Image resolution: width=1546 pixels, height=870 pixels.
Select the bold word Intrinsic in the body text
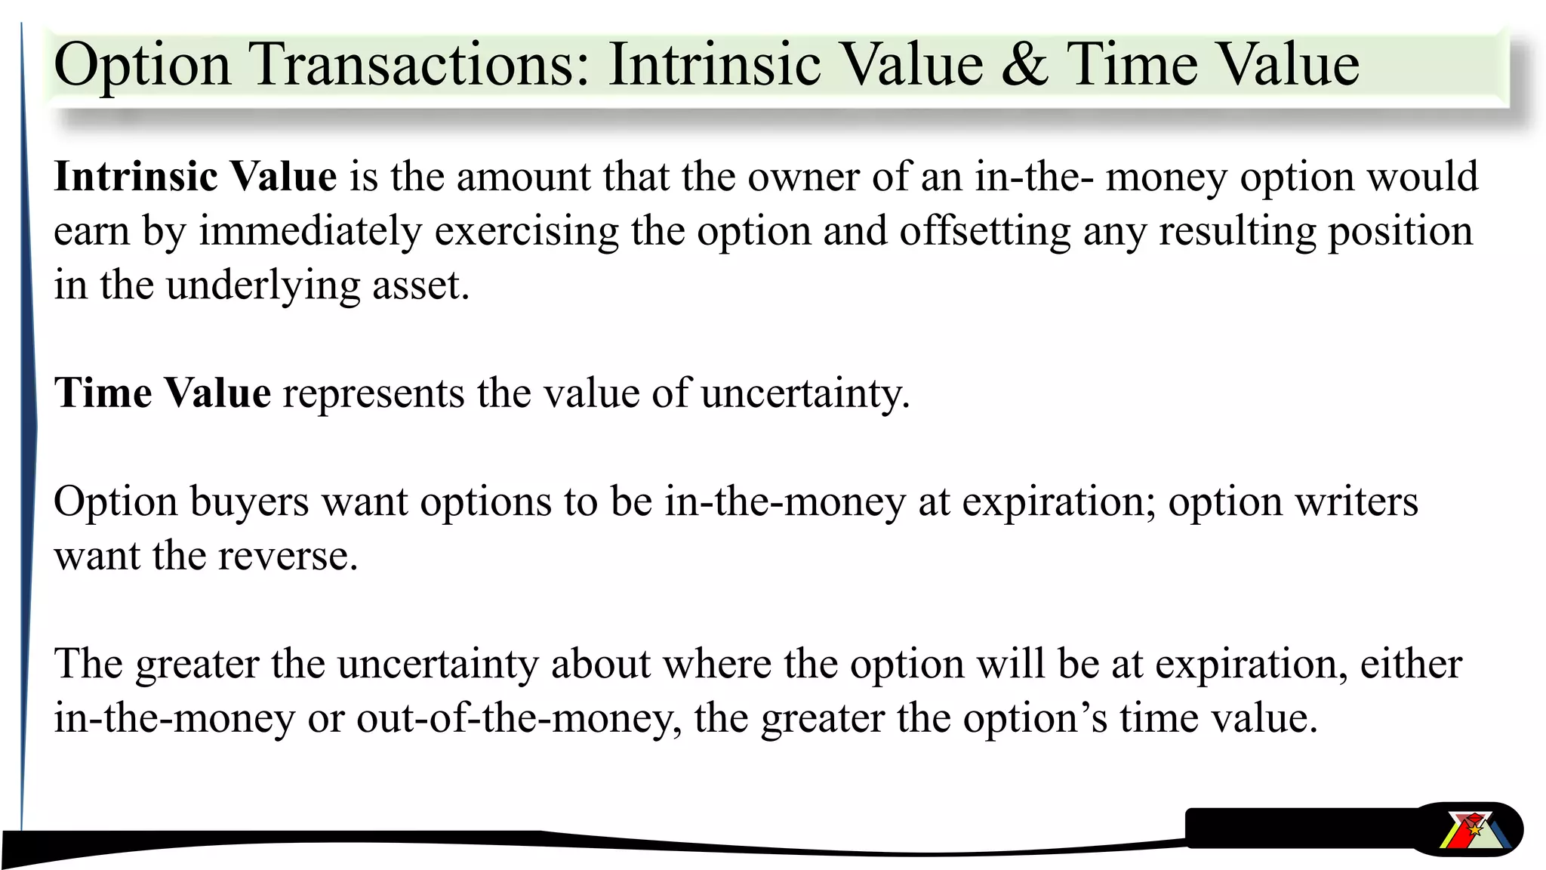pyautogui.click(x=136, y=177)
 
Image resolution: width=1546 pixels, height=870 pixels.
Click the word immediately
pyautogui.click(x=310, y=231)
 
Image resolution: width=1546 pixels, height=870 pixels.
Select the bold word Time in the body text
pyautogui.click(x=103, y=393)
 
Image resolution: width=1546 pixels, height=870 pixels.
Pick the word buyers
pyautogui.click(x=249, y=502)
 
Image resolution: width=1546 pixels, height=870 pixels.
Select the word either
pyautogui.click(x=1411, y=665)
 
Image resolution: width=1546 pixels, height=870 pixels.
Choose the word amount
pyautogui.click(x=523, y=177)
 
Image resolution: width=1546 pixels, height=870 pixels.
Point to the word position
pyautogui.click(x=1400, y=231)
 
